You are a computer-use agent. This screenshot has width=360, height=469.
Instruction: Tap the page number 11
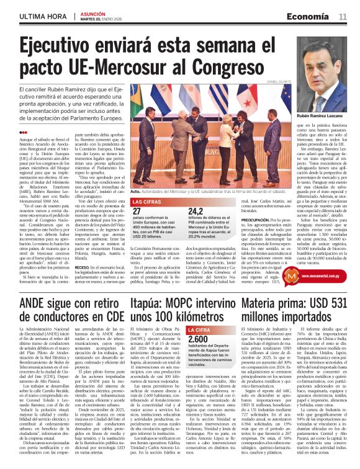click(343, 16)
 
